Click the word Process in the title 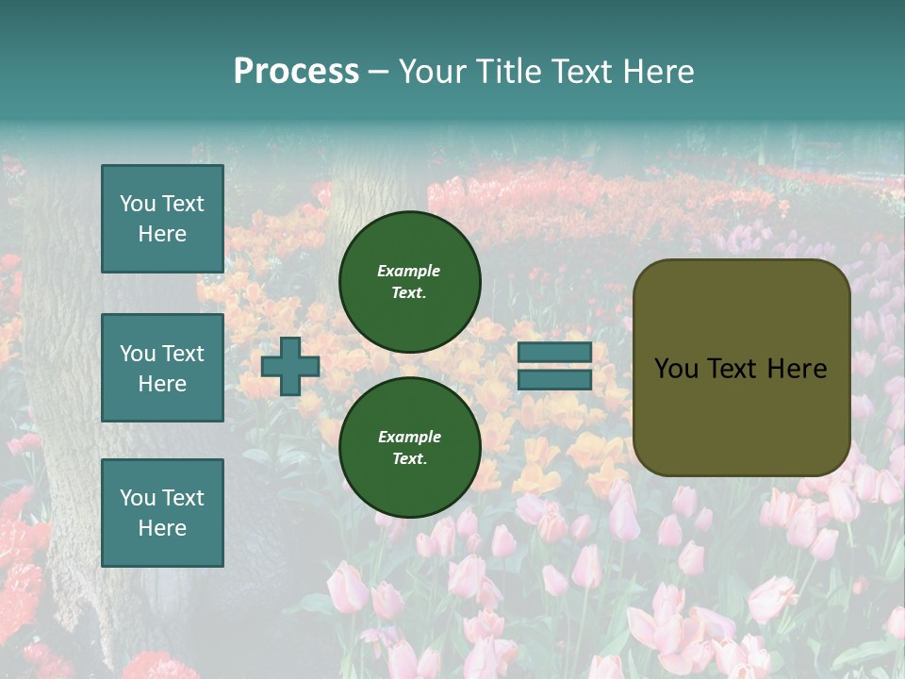[296, 72]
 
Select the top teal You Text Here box [162, 219]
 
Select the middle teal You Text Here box [162, 368]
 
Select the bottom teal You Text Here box [162, 513]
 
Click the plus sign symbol [290, 366]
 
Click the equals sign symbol [554, 366]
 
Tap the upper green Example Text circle [409, 281]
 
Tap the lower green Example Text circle [409, 447]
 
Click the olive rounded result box [741, 368]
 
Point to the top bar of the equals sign [554, 352]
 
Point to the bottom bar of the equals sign [554, 379]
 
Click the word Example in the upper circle [409, 271]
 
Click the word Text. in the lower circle [409, 458]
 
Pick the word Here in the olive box [797, 369]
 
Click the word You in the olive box [675, 369]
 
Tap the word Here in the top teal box [162, 234]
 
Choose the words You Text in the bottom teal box [162, 498]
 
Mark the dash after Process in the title [378, 72]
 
